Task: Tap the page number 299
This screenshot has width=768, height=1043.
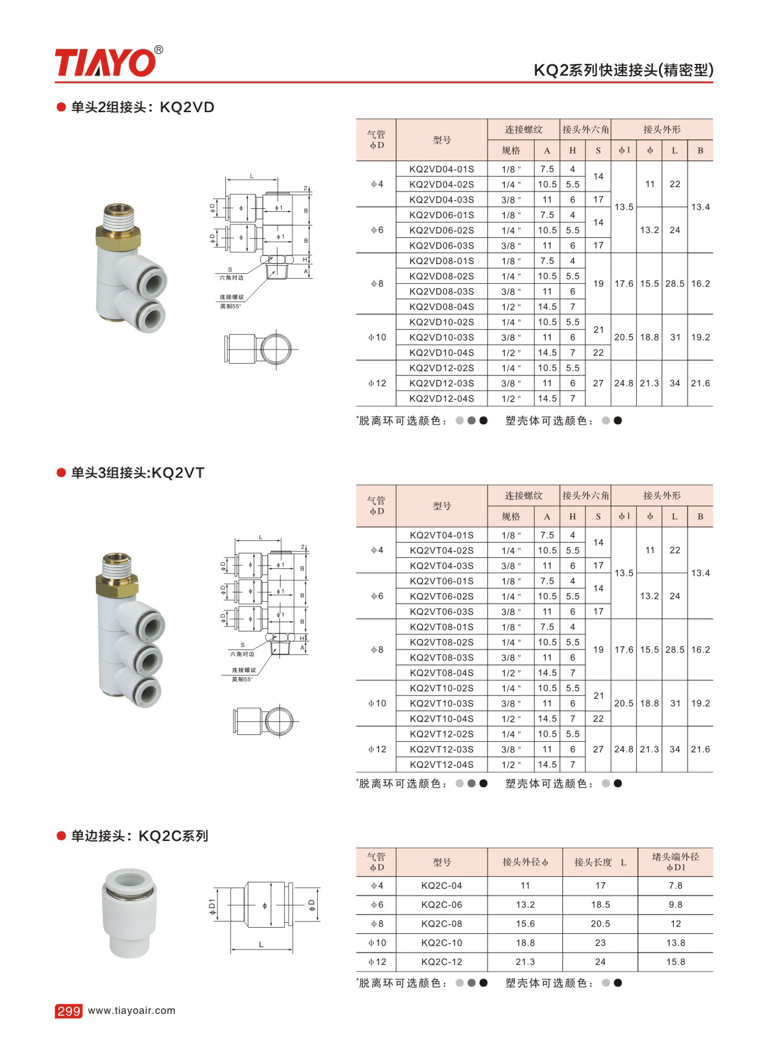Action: click(68, 1011)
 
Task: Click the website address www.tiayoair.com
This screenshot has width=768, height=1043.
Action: click(132, 1010)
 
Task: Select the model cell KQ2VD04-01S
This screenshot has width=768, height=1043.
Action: click(441, 169)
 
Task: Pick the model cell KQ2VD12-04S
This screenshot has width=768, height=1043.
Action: click(441, 398)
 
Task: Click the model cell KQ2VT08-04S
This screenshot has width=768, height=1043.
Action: click(441, 673)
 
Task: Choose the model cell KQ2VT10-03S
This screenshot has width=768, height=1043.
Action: click(441, 703)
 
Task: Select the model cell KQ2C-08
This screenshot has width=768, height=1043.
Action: click(441, 924)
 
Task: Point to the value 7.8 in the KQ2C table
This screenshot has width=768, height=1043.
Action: click(675, 886)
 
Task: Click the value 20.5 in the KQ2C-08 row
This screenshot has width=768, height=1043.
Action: click(600, 924)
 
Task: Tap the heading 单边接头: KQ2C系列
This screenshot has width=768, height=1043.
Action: click(139, 836)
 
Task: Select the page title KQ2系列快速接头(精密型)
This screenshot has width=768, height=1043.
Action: click(623, 70)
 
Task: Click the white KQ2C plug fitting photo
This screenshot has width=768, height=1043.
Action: click(129, 913)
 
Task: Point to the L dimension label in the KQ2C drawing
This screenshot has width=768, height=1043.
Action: click(261, 944)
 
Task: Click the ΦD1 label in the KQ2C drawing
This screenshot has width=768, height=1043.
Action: click(212, 907)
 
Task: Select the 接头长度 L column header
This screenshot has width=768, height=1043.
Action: click(600, 862)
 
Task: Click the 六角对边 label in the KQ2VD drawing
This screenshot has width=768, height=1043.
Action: click(232, 278)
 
